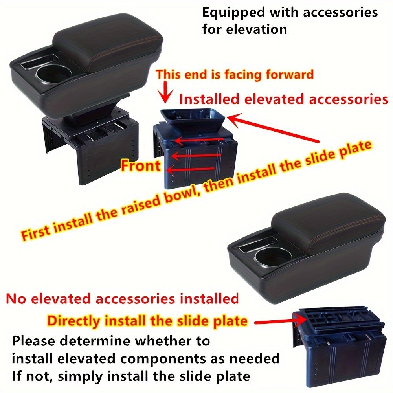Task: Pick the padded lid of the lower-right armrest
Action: (x=328, y=224)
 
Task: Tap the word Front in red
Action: (x=141, y=165)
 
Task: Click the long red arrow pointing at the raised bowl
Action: (x=275, y=129)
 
